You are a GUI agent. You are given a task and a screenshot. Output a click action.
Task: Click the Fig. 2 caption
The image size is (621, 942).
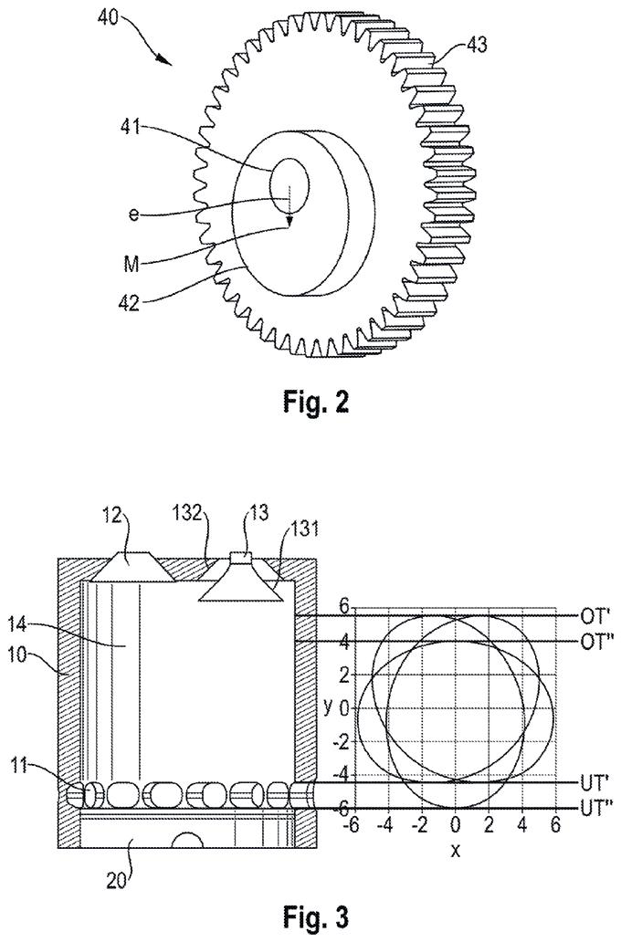[315, 402]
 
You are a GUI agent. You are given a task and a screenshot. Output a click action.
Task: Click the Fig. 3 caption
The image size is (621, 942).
[315, 917]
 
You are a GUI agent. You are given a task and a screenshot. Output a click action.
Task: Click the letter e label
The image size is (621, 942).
[133, 214]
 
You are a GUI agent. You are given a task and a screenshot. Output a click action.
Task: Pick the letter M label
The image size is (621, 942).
[132, 264]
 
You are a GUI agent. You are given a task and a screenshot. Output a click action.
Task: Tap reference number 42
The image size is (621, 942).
[129, 302]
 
